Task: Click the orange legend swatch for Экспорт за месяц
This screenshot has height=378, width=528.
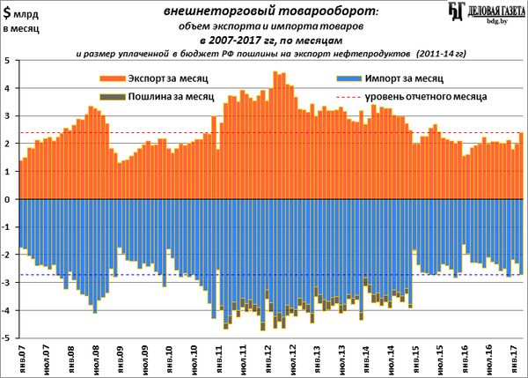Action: [110, 79]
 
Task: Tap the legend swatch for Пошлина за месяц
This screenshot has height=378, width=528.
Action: [110, 96]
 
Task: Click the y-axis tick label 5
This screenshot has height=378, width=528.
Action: [7, 61]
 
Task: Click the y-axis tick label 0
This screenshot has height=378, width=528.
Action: [7, 199]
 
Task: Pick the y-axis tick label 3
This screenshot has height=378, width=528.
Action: [7, 116]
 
